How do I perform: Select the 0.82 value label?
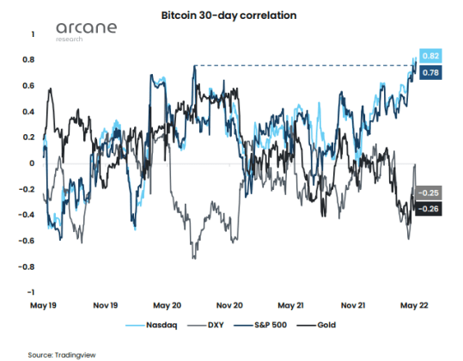pos(431,56)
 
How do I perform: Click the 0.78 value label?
pos(431,74)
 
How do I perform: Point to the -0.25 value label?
pos(430,193)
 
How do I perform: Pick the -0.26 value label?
pos(430,209)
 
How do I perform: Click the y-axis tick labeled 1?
pos(33,34)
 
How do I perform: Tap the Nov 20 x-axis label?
pos(232,305)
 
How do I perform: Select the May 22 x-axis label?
pos(414,305)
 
